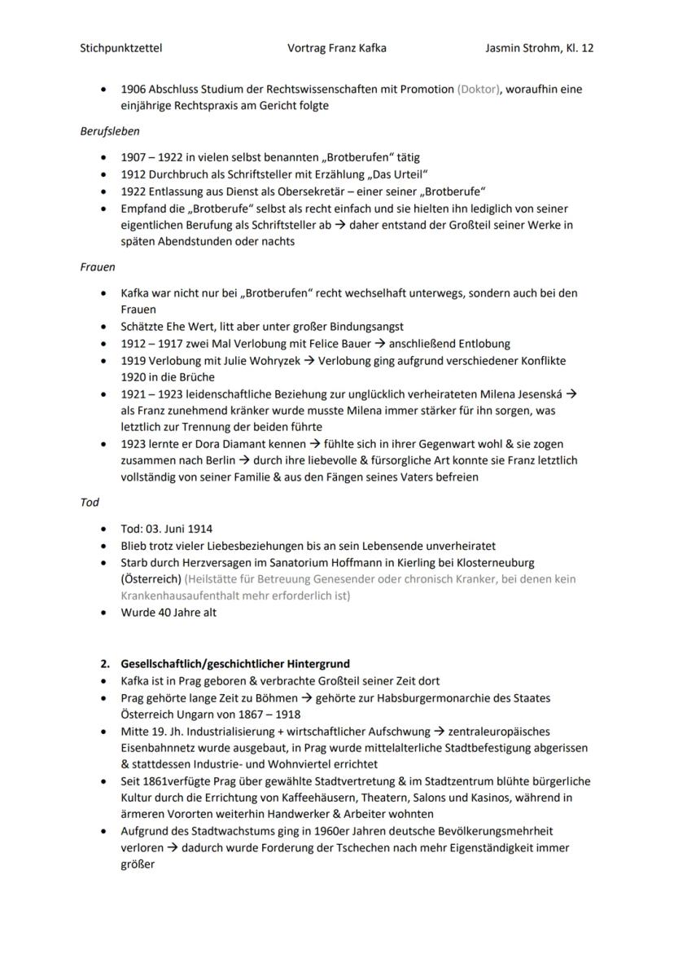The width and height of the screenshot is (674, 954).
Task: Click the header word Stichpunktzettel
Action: (121, 48)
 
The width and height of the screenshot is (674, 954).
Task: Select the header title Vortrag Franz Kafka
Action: (336, 48)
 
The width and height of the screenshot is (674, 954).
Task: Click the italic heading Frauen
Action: (98, 266)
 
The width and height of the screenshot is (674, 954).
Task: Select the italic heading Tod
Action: (90, 503)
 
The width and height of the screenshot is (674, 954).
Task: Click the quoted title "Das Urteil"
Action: (398, 174)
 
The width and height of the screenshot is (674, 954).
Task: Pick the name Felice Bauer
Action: (359, 343)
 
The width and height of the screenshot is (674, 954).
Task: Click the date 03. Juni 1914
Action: (178, 529)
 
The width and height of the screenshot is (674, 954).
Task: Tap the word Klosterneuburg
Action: (495, 562)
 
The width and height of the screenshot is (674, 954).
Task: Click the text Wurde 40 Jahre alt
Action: (168, 613)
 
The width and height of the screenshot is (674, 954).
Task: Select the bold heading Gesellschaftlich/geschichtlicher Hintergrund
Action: (235, 664)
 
